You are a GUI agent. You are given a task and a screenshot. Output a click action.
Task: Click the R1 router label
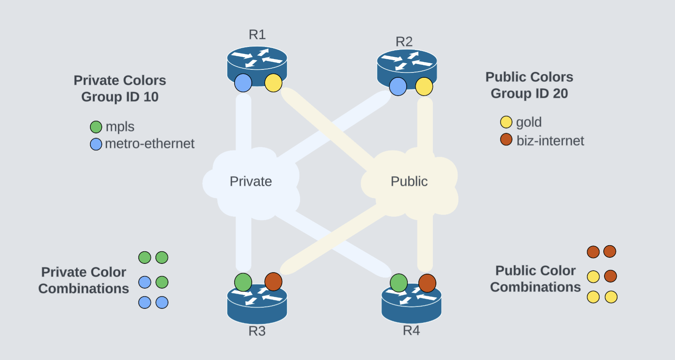coord(257,35)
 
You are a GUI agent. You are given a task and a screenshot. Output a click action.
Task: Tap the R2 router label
coord(404,42)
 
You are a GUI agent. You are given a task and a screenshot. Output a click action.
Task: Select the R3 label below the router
coord(257,331)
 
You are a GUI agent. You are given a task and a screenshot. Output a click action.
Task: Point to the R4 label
coord(411,330)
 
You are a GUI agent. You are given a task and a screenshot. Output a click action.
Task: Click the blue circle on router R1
coord(243,83)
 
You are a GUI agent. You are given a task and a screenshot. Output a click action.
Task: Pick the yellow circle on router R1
coord(273,83)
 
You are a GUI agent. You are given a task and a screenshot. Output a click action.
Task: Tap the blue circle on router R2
coord(398,87)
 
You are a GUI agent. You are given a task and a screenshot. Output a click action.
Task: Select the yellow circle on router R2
coord(424,87)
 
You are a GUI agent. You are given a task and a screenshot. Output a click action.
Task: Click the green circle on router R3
coord(243,282)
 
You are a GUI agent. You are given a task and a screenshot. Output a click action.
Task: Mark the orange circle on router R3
coord(273,282)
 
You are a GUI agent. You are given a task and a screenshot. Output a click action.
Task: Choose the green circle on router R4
coord(399,283)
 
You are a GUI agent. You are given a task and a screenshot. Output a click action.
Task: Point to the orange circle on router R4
coord(427,283)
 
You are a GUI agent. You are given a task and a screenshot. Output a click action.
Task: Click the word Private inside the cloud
coord(251,182)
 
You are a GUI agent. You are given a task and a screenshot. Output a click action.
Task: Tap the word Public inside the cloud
coord(409,182)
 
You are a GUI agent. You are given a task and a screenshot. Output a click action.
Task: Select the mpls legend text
coord(120,127)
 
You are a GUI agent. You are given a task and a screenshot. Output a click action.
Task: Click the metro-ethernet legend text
coord(149,144)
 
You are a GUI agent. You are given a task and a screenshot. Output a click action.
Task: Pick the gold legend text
coord(529,122)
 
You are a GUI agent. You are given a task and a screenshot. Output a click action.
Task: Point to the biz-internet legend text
coord(550,141)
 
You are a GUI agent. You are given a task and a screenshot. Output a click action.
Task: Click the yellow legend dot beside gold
coord(506,122)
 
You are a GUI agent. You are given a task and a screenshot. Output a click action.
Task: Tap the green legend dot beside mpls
coord(96,127)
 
